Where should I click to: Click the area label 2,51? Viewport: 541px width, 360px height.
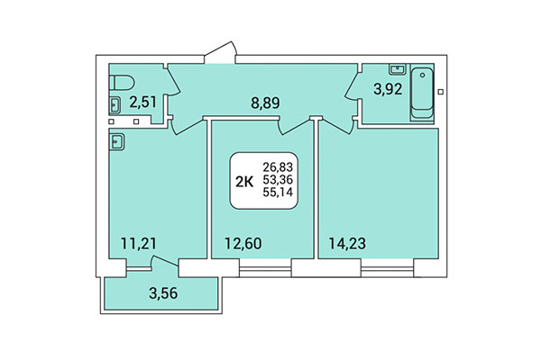(x=142, y=101)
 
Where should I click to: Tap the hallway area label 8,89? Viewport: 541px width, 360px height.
(x=265, y=103)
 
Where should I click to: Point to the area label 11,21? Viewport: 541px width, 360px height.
(x=140, y=240)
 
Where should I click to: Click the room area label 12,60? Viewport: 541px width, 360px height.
(x=242, y=240)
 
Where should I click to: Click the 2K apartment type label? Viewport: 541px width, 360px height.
(x=244, y=181)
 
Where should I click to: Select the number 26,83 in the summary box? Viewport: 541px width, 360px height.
(x=279, y=167)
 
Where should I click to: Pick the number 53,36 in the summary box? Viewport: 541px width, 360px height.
(x=279, y=180)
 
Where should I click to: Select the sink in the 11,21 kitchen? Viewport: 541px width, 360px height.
(x=117, y=139)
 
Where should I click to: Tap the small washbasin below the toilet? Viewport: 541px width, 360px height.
(x=115, y=103)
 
